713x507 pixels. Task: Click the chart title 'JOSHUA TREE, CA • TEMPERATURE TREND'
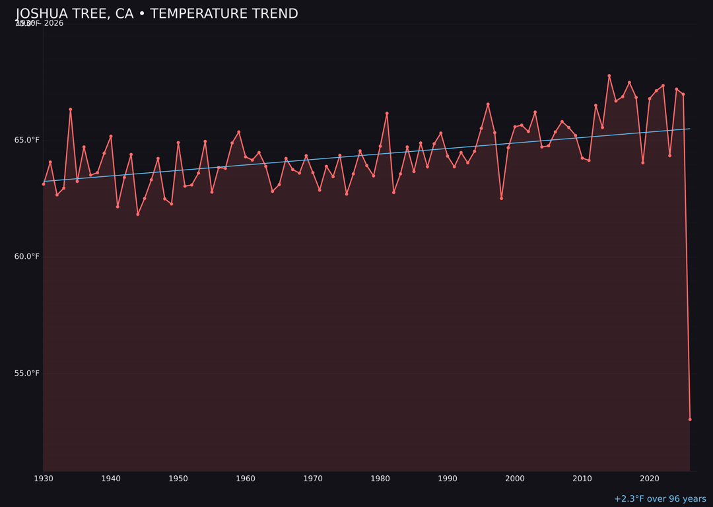point(157,14)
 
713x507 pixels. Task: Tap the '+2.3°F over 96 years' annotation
point(660,499)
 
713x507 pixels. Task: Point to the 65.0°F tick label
point(27,140)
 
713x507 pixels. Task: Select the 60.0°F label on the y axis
point(27,256)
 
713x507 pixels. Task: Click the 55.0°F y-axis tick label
point(27,373)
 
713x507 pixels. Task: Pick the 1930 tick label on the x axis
point(44,478)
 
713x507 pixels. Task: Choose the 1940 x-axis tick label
point(111,478)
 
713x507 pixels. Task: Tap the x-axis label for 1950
point(178,478)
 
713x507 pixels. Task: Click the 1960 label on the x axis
point(246,478)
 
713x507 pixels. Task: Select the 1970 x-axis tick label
point(313,478)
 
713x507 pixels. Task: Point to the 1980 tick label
point(380,478)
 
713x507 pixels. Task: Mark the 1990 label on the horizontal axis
point(448,478)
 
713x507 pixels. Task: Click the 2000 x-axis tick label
point(515,478)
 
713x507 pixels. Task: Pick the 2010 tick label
point(582,478)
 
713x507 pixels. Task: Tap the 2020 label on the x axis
point(650,478)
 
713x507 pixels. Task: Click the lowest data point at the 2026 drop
point(690,419)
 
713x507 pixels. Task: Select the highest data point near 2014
point(609,76)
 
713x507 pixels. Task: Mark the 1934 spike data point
point(71,110)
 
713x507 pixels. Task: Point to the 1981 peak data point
point(387,114)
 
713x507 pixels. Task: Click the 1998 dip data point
point(501,198)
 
